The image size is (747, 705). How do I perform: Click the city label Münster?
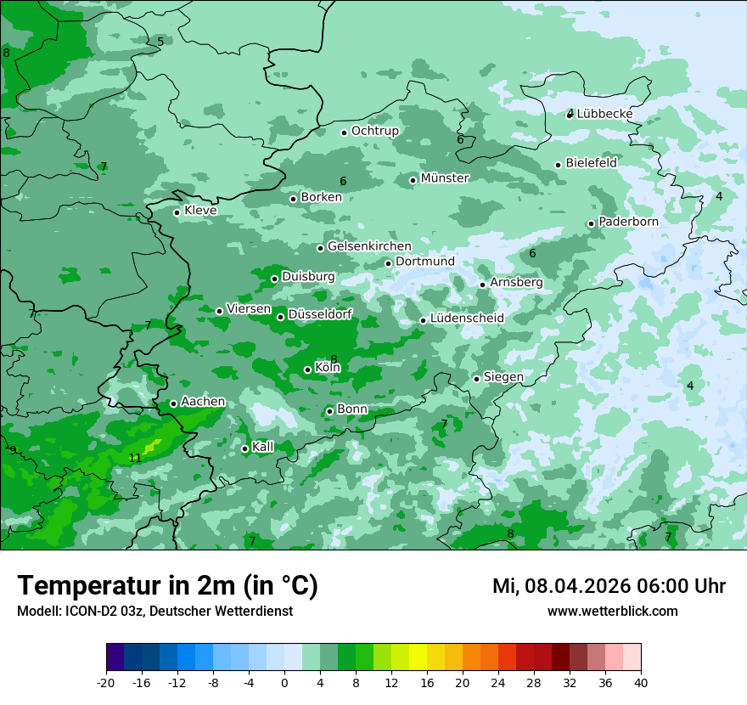coord(445,178)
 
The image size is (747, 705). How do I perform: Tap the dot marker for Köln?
coord(307,369)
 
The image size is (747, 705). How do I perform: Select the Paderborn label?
coord(628,222)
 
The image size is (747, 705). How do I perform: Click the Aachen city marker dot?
coord(173,403)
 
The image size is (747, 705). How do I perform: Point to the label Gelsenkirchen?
coord(369,246)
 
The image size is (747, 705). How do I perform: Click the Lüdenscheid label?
coord(467,319)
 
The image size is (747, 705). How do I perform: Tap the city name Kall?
coord(263,447)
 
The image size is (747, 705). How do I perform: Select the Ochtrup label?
coord(375,131)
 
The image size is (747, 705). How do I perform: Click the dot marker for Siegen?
coord(476,379)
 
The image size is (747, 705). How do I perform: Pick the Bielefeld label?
coord(592,163)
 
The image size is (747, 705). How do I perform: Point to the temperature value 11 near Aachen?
coord(135,459)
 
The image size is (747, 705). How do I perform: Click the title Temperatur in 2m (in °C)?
coord(168,585)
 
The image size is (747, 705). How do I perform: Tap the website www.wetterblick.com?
coord(612,612)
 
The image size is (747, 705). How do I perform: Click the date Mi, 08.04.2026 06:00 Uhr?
coord(609,586)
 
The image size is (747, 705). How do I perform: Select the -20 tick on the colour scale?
coord(106,682)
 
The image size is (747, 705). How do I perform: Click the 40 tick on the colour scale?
coord(641,682)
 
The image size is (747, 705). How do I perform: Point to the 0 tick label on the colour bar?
coord(284,682)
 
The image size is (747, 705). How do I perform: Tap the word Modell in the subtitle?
coord(37,612)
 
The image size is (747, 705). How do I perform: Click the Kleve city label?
coord(200,211)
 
